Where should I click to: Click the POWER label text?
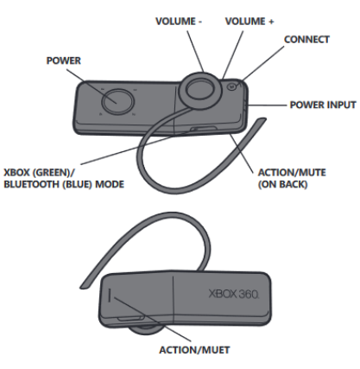coord(64,60)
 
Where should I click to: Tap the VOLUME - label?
coord(179,22)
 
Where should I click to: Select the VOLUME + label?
coord(249,22)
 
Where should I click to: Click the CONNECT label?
coord(306,40)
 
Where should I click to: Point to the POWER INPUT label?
coord(323,105)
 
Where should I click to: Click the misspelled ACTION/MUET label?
coord(194,350)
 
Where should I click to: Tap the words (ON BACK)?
coord(282,184)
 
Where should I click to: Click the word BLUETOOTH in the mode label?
coord(32,184)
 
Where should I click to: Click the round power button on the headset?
coord(118,102)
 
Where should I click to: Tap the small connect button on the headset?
coord(232,86)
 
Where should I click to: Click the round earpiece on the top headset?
coord(200,89)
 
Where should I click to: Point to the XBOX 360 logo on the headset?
coord(234,295)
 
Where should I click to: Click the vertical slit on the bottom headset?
coord(110,296)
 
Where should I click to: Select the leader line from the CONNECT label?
coord(262,62)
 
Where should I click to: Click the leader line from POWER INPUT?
coord(268,105)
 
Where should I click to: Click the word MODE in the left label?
coord(110,184)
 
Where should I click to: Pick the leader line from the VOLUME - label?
coord(196,51)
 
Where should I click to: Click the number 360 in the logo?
coord(249,295)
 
